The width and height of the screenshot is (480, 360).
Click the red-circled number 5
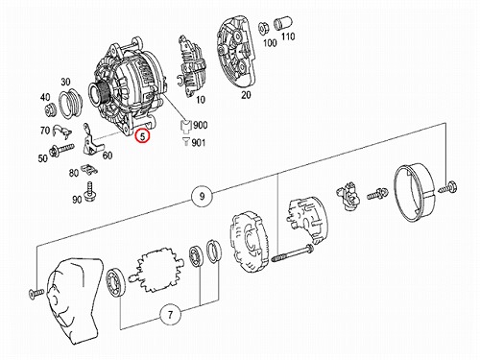142,136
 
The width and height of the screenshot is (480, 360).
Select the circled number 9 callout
202,196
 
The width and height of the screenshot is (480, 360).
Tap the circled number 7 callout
170,315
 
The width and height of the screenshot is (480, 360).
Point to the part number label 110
288,36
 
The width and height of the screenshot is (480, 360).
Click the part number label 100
270,42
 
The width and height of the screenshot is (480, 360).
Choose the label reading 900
200,125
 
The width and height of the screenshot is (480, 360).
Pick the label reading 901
199,142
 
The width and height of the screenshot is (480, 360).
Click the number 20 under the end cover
246,95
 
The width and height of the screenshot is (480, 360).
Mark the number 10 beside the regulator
201,100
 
